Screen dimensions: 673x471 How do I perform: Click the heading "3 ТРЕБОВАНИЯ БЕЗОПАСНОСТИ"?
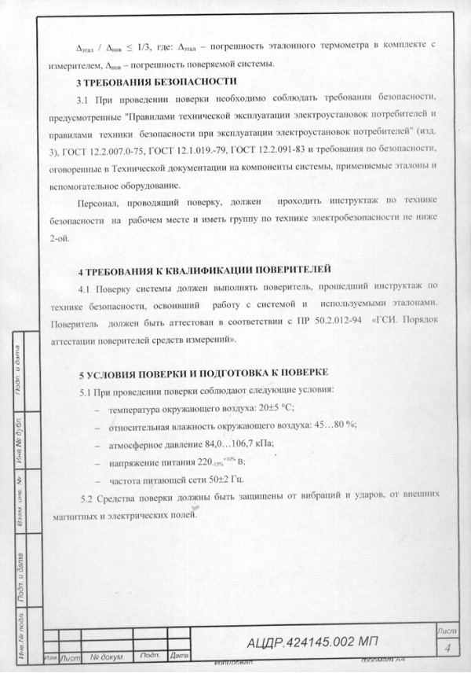(156, 82)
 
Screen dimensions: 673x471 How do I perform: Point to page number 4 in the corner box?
(446, 648)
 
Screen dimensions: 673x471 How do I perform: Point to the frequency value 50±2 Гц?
(206, 479)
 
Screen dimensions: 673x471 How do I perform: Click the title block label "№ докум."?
(104, 656)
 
